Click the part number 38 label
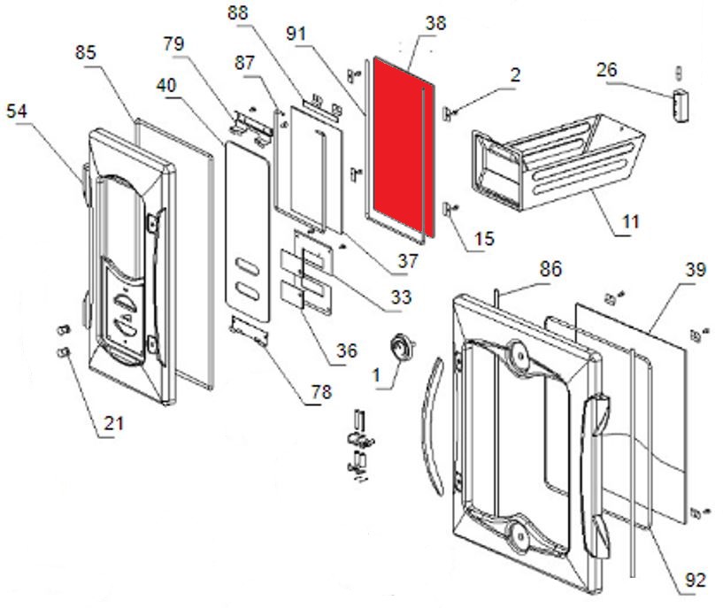[435, 23]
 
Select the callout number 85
[86, 53]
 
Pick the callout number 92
[695, 581]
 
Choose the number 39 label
[696, 270]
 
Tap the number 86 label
[550, 269]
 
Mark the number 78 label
[312, 392]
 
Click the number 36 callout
[346, 350]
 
